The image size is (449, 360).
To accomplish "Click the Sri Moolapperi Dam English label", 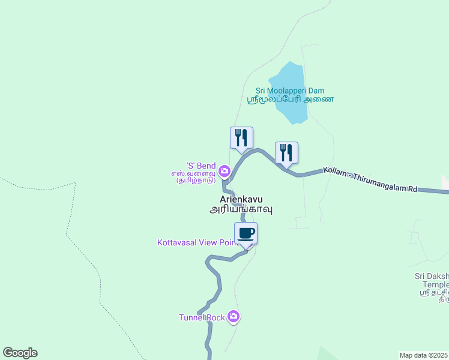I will (290, 91).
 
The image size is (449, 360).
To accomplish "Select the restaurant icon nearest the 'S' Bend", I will (241, 137).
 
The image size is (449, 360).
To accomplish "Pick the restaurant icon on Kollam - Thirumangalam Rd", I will (287, 152).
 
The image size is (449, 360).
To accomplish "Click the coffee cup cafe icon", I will (246, 233).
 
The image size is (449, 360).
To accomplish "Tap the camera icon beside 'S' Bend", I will (224, 172).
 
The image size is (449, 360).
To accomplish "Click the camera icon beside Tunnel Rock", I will (234, 317).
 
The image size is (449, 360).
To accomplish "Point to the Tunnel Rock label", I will (202, 317).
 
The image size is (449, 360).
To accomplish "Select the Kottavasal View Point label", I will (197, 243).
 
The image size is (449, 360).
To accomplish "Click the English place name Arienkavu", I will (241, 199).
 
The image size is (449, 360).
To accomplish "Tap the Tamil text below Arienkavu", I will (241, 209).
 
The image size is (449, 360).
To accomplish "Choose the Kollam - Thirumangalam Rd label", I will (370, 179).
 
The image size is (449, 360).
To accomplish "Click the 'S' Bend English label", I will (200, 166).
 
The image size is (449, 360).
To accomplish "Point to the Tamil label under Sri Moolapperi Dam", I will (291, 100).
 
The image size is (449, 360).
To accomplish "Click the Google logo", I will (20, 353).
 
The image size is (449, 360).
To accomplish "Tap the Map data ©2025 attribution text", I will (424, 355).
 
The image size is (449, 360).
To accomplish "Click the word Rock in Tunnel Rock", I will (215, 317).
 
